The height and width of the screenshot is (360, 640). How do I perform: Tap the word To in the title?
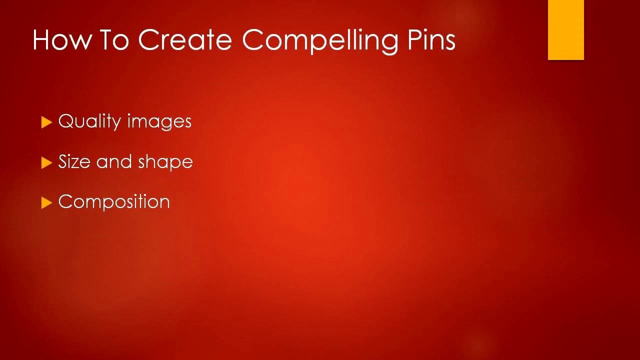point(114,39)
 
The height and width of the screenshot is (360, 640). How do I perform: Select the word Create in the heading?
point(184,39)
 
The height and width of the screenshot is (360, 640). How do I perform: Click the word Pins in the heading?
point(431,39)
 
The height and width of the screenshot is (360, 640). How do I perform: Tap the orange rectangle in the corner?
point(565,30)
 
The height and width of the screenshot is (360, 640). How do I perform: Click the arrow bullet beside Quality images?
point(47,122)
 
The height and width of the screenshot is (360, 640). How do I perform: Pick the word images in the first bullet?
point(159,122)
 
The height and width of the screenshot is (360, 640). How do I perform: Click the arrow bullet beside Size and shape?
point(47,162)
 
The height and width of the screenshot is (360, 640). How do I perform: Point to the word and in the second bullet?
point(114,161)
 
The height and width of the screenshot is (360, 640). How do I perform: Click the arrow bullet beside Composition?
point(47,202)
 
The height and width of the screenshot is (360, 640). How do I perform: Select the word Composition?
point(114,202)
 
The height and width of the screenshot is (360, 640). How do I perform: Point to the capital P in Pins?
point(415,39)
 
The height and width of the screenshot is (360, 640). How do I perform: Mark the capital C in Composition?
point(65,201)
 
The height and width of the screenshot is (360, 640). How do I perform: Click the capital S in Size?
point(63,161)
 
